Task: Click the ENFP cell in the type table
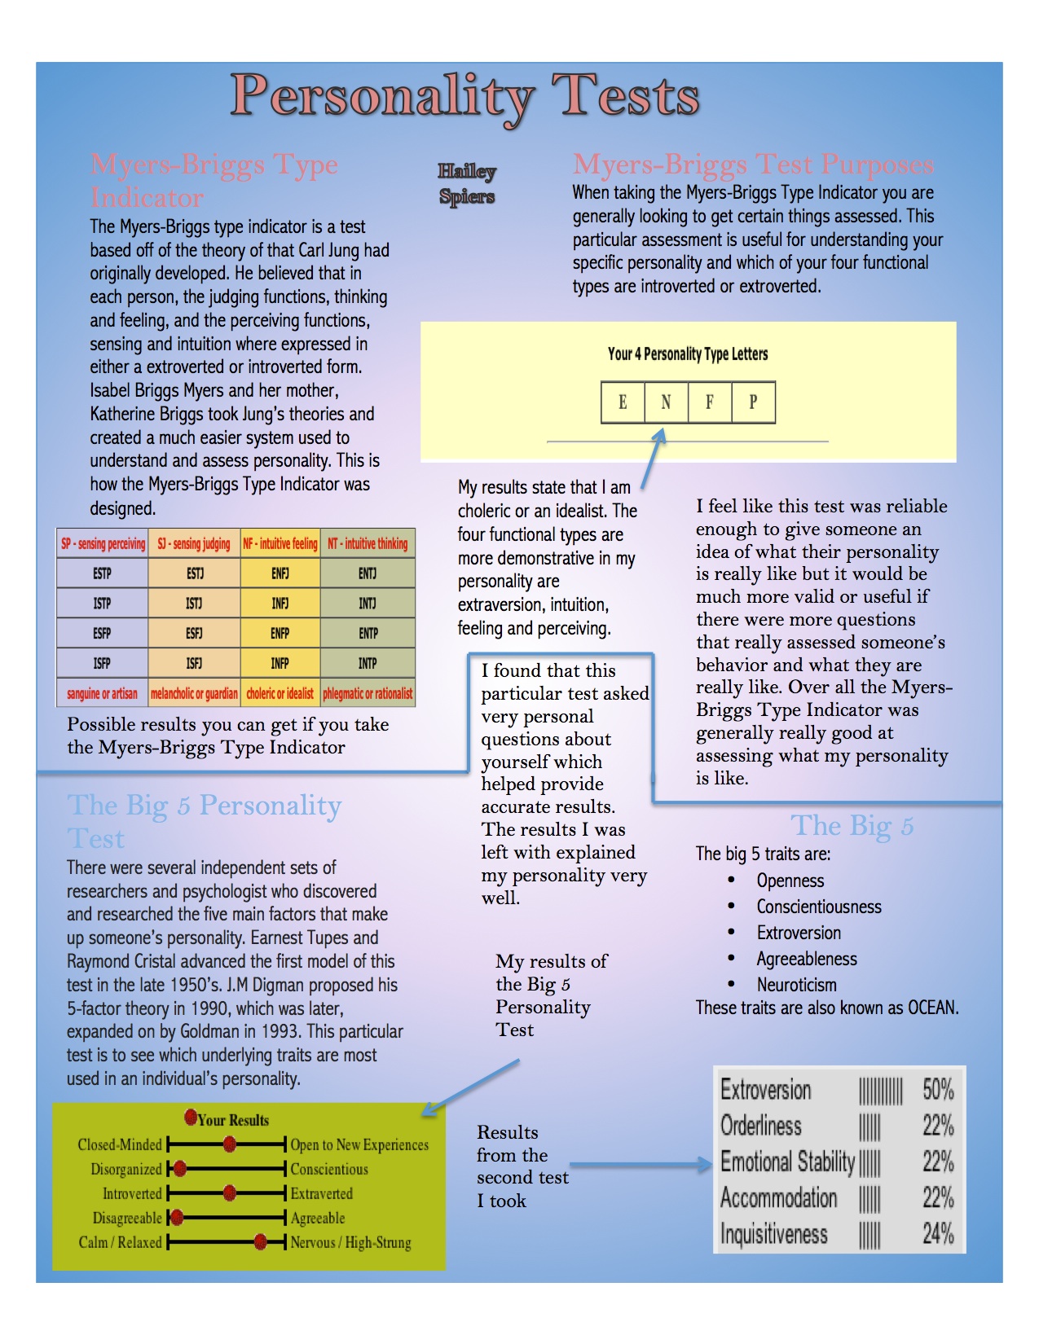point(280,633)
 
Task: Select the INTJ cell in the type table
point(368,604)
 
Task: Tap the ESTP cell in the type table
point(102,573)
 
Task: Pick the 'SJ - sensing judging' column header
point(194,543)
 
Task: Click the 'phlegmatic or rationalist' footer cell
point(368,694)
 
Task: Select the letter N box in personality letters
point(666,402)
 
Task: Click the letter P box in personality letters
point(753,402)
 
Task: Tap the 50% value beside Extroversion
point(938,1089)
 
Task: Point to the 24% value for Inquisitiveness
point(938,1234)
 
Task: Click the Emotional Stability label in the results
point(787,1162)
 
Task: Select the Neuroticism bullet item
point(796,985)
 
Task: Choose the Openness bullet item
point(790,881)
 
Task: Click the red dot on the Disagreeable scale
point(177,1218)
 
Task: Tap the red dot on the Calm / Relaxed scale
point(261,1242)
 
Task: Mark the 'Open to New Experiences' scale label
point(359,1144)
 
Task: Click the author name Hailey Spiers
point(467,184)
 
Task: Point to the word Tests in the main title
point(625,96)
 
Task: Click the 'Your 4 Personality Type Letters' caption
point(688,354)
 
